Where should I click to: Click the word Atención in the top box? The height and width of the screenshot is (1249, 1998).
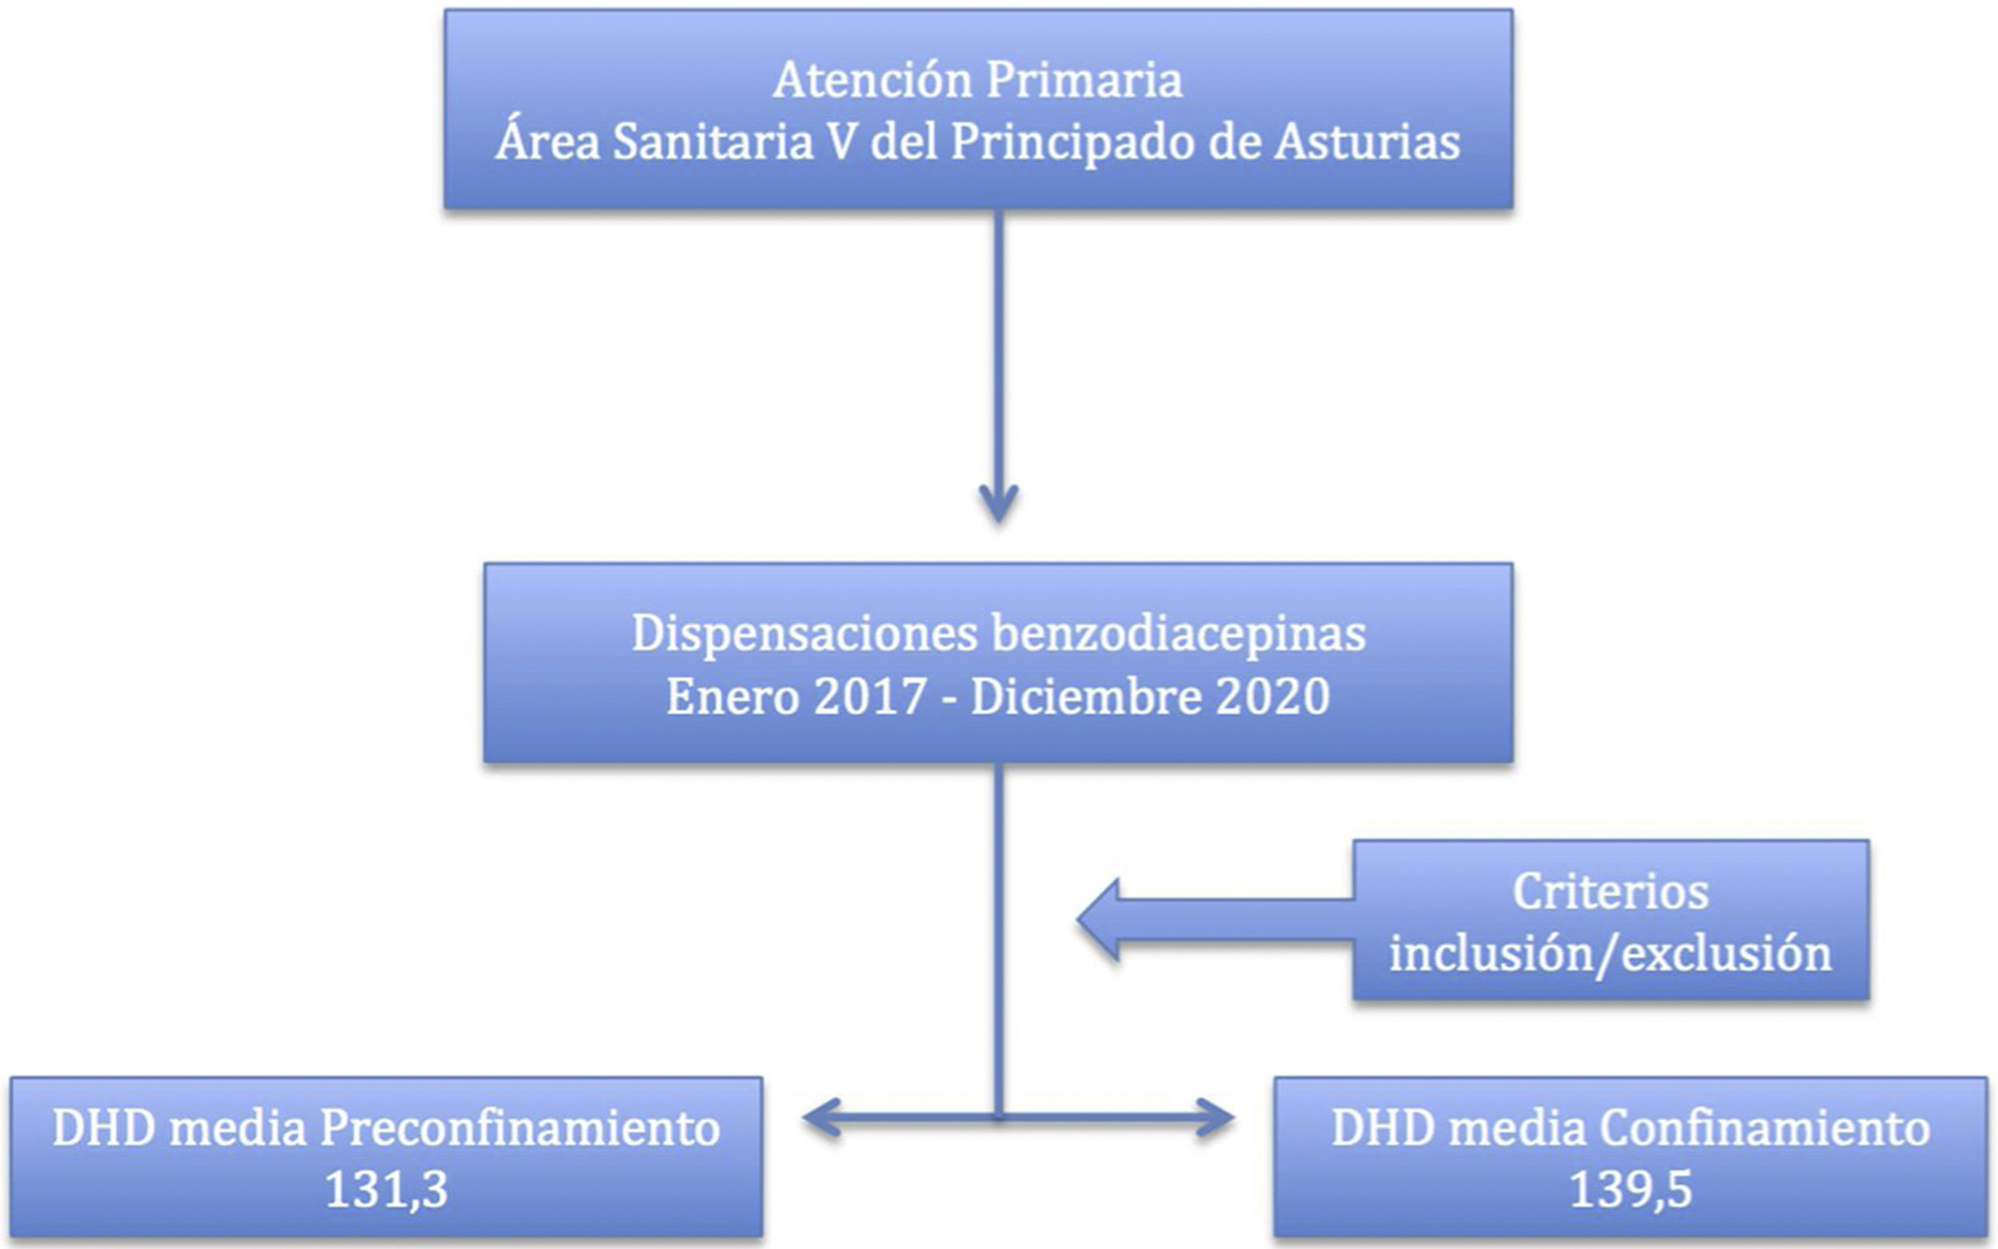point(872,81)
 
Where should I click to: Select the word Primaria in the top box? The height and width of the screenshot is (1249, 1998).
point(1085,81)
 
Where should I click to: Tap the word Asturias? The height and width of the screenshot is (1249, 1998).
point(1366,142)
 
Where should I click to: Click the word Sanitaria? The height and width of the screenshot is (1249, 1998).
point(713,142)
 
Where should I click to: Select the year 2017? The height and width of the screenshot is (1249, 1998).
point(870,696)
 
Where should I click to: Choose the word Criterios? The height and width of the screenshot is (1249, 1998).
point(1610,893)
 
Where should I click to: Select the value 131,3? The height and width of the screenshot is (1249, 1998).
point(387,1191)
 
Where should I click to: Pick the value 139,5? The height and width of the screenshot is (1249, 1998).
point(1630,1191)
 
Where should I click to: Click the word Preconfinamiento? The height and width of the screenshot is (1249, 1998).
point(519,1128)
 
